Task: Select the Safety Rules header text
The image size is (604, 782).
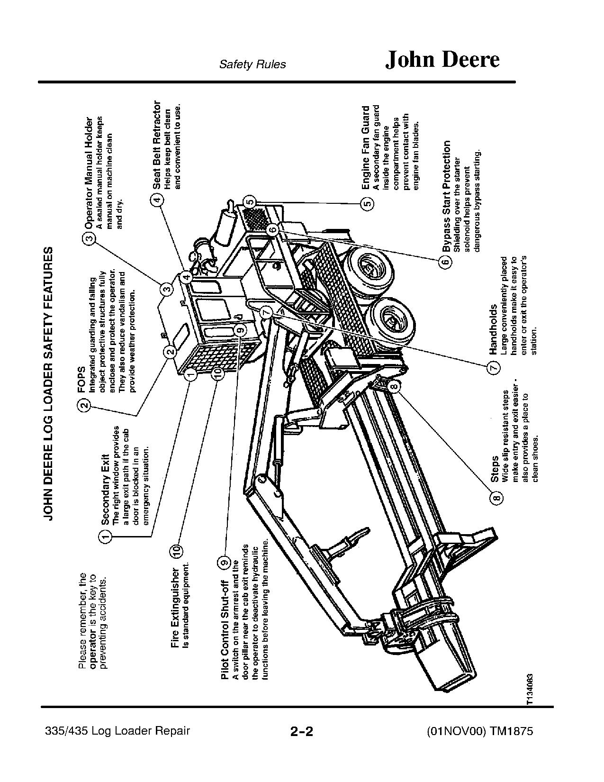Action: pos(252,64)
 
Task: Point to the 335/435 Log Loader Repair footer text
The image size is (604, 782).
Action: pos(117,744)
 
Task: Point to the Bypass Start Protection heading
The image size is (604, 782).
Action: pos(446,196)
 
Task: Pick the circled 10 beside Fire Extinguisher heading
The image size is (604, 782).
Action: pos(176,551)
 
